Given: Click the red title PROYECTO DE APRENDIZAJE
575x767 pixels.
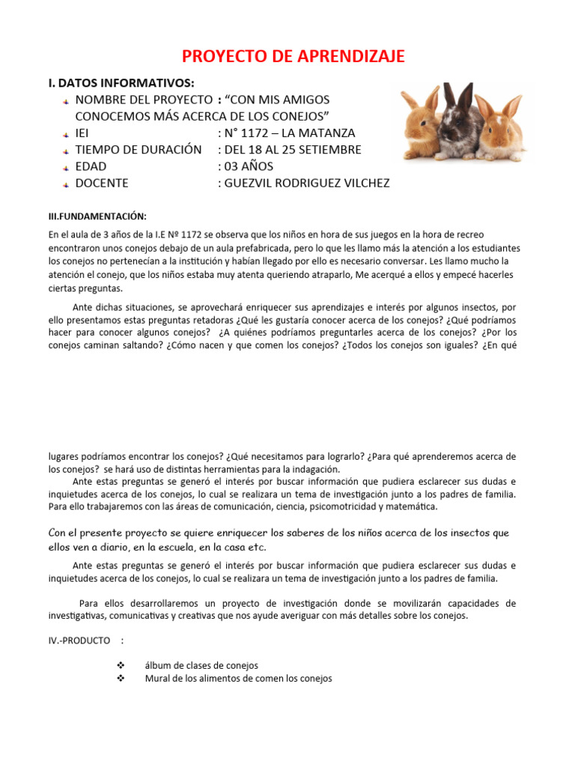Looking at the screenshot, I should (x=294, y=56).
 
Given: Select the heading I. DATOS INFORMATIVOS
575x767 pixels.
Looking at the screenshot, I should (x=121, y=82).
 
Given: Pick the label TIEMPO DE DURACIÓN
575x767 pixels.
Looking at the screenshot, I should (x=139, y=150).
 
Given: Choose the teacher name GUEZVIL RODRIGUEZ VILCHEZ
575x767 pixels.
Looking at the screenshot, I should (x=303, y=184).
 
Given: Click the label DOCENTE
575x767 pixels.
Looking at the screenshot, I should (x=102, y=184).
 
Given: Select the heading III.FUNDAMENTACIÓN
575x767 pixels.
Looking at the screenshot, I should (x=97, y=216).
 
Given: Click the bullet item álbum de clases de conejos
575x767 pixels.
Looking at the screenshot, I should (x=201, y=665).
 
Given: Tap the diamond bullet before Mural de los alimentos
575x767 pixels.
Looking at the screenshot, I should (x=121, y=679).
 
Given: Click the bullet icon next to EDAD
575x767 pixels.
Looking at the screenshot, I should (x=66, y=167).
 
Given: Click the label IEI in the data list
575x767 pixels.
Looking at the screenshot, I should (x=82, y=133).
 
